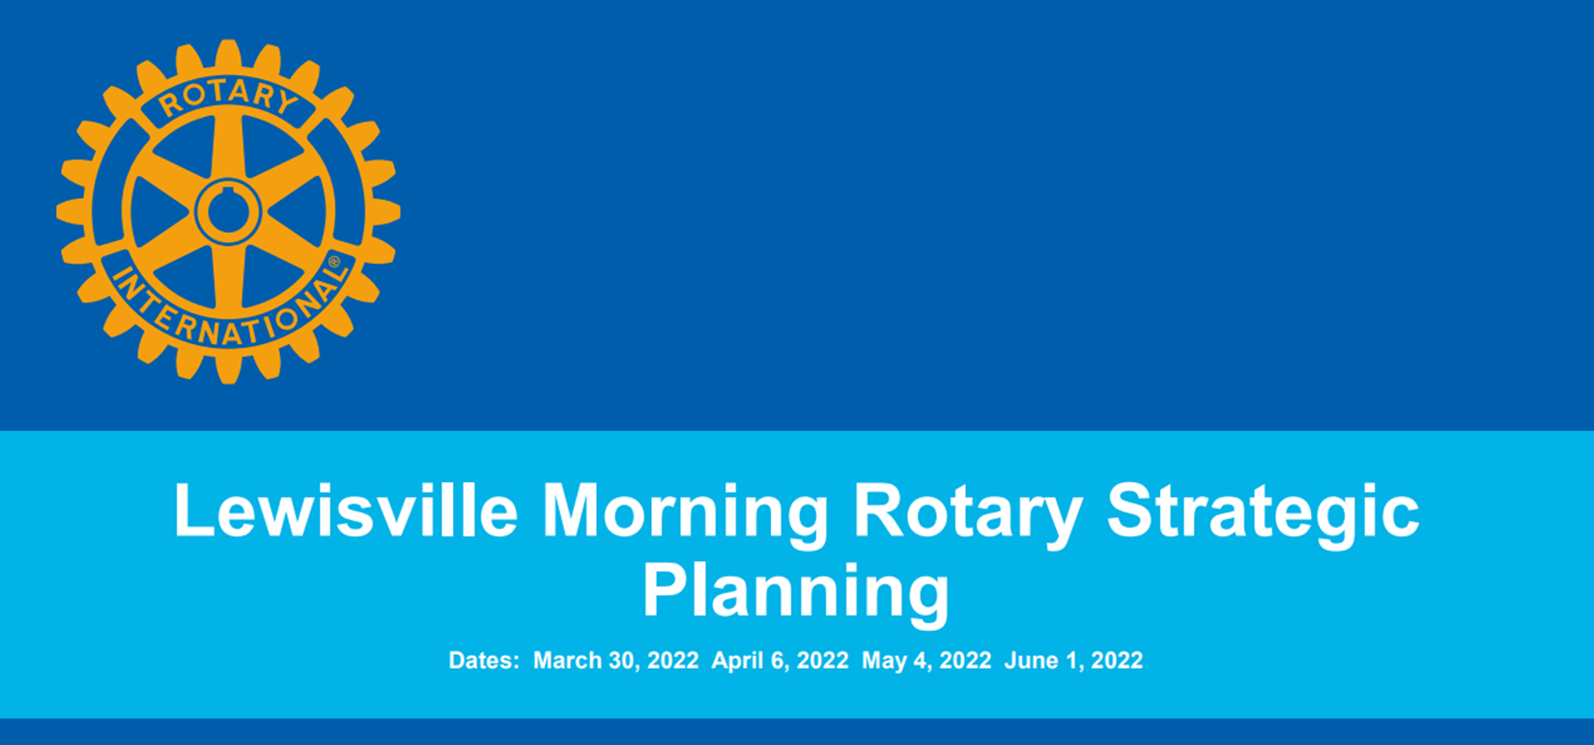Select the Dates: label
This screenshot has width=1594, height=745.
(x=484, y=660)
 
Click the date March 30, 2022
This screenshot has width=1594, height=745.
(x=615, y=660)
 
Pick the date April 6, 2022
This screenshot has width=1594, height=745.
(x=780, y=661)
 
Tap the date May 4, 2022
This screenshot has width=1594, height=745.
(x=926, y=661)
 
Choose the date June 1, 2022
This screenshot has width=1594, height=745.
(x=1073, y=660)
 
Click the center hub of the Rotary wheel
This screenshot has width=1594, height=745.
(x=228, y=212)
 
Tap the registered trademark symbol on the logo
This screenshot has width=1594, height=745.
(x=333, y=262)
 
